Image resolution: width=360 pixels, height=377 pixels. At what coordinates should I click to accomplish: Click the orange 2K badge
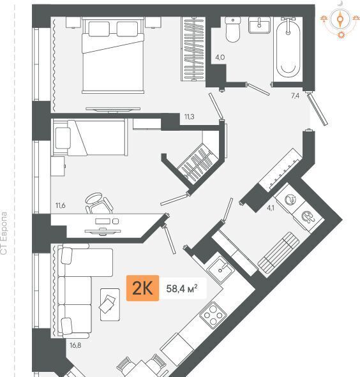click(x=142, y=288)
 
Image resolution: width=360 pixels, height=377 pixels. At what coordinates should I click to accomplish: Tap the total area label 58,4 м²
click(x=182, y=288)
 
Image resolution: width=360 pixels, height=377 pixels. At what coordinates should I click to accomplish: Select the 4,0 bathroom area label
click(x=220, y=57)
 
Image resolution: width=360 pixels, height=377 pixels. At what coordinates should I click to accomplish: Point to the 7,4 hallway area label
click(x=295, y=96)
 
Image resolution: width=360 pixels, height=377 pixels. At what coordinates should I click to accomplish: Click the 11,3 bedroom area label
click(x=190, y=117)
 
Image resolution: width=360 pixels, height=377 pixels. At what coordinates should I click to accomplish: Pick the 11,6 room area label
click(x=61, y=205)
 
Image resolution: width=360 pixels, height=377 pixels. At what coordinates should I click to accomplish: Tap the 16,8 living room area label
click(x=75, y=346)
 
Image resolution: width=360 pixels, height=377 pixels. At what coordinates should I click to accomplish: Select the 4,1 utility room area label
click(x=271, y=208)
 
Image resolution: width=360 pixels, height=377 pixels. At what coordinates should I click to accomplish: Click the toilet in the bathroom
click(x=233, y=29)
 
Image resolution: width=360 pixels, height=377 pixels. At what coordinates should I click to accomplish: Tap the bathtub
click(x=288, y=48)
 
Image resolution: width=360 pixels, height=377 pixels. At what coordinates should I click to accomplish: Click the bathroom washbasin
click(x=259, y=26)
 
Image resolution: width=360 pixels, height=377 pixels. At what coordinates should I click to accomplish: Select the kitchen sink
click(x=220, y=270)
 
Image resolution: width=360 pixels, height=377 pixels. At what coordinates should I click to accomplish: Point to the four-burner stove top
click(x=213, y=315)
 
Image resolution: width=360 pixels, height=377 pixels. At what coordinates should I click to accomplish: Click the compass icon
click(x=340, y=20)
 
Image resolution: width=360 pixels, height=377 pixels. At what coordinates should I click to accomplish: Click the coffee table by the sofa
click(x=110, y=304)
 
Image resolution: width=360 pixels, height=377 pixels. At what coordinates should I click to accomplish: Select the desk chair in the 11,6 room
click(x=99, y=203)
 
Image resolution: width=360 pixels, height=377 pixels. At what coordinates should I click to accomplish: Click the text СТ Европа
click(x=4, y=233)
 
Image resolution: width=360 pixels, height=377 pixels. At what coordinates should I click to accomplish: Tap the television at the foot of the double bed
click(x=113, y=110)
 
